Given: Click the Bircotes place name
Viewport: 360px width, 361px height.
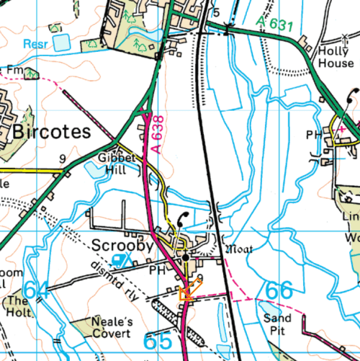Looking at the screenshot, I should (x=52, y=132).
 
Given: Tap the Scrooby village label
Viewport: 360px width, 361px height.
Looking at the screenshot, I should (x=122, y=246).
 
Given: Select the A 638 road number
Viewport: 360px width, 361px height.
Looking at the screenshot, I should (x=158, y=135).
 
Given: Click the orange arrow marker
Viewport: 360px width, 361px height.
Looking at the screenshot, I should (x=187, y=291).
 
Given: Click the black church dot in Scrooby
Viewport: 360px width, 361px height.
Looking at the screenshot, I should (x=186, y=257).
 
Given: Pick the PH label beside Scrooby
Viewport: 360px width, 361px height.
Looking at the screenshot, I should (x=156, y=272).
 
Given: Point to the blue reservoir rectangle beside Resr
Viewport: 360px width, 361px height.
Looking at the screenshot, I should (x=63, y=43).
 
